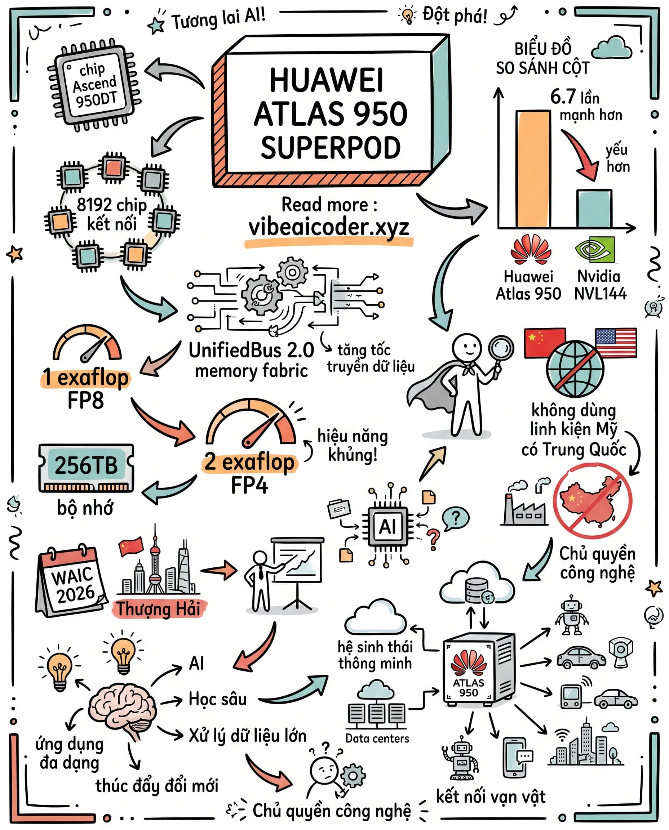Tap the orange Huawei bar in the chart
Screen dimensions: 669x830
point(533,169)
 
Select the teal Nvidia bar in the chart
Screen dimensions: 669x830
point(594,208)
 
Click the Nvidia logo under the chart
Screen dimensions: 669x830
point(595,249)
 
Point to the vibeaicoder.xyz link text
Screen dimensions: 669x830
point(329,227)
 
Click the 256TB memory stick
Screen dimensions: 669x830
point(86,468)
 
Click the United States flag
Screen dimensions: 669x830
point(615,342)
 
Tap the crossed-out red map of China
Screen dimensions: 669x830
point(592,501)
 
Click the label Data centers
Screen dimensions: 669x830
point(377,738)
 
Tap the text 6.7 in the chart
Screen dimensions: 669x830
point(563,96)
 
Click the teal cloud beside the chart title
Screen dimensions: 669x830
point(611,48)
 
